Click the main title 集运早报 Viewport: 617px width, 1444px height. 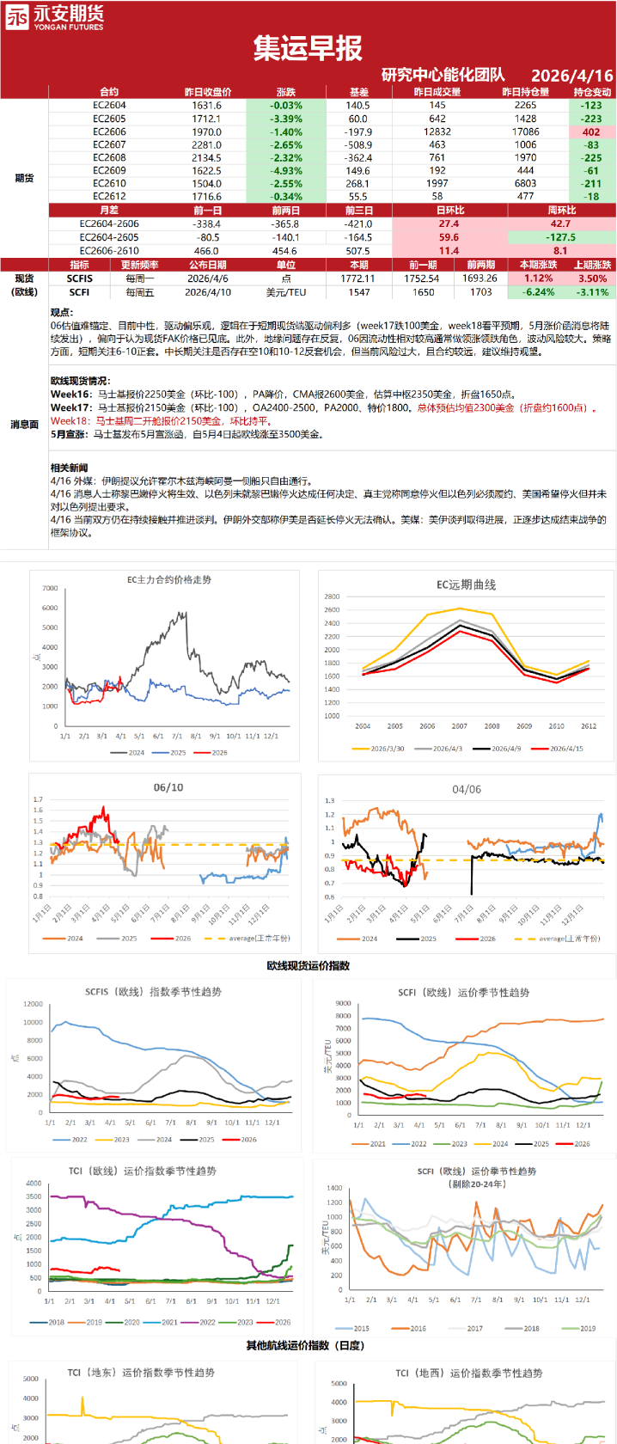click(x=308, y=49)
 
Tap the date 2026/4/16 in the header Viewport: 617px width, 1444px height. click(x=571, y=76)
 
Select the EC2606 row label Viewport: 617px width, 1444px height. click(x=109, y=132)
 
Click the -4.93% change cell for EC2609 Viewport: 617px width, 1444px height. click(x=285, y=171)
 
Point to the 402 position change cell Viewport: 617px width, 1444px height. click(x=591, y=132)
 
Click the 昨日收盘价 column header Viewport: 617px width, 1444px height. click(x=207, y=92)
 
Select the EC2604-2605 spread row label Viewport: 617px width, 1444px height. click(x=109, y=237)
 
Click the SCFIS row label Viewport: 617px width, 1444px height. click(x=80, y=278)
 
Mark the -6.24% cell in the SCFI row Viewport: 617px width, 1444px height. click(x=539, y=292)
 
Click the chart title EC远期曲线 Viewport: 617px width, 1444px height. click(x=466, y=585)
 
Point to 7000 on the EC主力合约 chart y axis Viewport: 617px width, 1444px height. click(x=50, y=589)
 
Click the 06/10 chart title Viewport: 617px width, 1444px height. click(x=168, y=787)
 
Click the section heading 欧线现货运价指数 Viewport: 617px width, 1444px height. click(x=308, y=966)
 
